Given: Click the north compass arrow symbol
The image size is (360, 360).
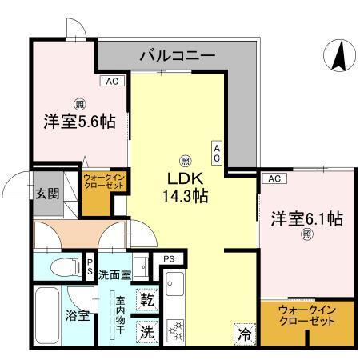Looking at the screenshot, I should pos(338,55).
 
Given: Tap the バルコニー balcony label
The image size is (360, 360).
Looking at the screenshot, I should pos(177,56).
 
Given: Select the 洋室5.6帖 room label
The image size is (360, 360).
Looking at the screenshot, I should pos(79,122).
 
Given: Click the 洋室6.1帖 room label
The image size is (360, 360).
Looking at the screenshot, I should pos(306,218).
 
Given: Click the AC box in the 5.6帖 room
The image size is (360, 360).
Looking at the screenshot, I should pos(111,81).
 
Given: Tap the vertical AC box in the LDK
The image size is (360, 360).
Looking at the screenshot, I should pos(217,151).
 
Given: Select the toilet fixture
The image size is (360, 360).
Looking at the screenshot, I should pos(60,266).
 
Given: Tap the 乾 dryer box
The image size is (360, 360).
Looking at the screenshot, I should pos(147,300).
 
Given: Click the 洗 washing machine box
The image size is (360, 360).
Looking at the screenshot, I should pos(147,329).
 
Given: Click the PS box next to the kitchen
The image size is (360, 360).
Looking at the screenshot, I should pos(169,258).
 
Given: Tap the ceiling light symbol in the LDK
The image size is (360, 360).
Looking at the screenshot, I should pos(185,159).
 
